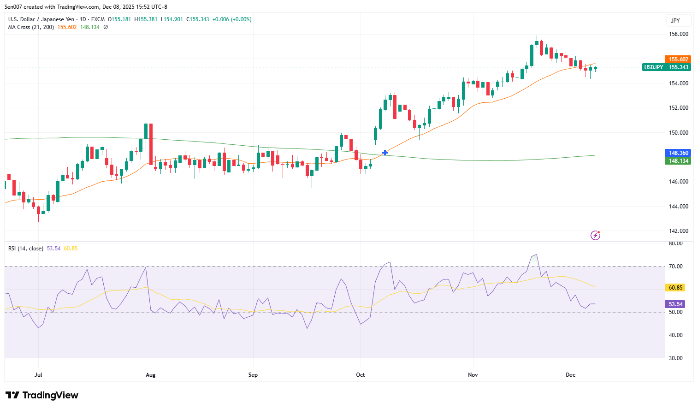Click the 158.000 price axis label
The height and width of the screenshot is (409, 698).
pyautogui.click(x=678, y=34)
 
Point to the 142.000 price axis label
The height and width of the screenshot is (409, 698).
pyautogui.click(x=678, y=231)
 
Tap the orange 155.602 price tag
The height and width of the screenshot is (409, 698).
pyautogui.click(x=678, y=59)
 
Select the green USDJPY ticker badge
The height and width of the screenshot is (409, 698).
pyautogui.click(x=653, y=67)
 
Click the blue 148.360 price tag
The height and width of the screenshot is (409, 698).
pyautogui.click(x=678, y=153)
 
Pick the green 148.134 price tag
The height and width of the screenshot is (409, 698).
pyautogui.click(x=678, y=161)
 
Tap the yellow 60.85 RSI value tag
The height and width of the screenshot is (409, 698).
pyautogui.click(x=675, y=288)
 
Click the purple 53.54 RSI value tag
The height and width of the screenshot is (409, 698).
pyautogui.click(x=675, y=304)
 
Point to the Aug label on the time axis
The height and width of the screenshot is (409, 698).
pyautogui.click(x=151, y=375)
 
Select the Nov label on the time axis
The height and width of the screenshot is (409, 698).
pyautogui.click(x=473, y=375)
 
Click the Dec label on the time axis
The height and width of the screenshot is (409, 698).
pyautogui.click(x=571, y=375)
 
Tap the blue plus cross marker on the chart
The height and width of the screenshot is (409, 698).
pyautogui.click(x=385, y=153)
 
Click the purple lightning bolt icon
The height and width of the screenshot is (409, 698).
pyautogui.click(x=595, y=236)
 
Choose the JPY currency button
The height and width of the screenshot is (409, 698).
pyautogui.click(x=675, y=21)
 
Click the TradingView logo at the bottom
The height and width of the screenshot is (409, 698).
pyautogui.click(x=42, y=395)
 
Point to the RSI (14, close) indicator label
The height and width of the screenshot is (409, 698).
pyautogui.click(x=26, y=249)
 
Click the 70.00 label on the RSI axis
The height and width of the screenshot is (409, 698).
pyautogui.click(x=675, y=267)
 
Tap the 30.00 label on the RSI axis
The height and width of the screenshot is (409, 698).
pyautogui.click(x=675, y=358)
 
